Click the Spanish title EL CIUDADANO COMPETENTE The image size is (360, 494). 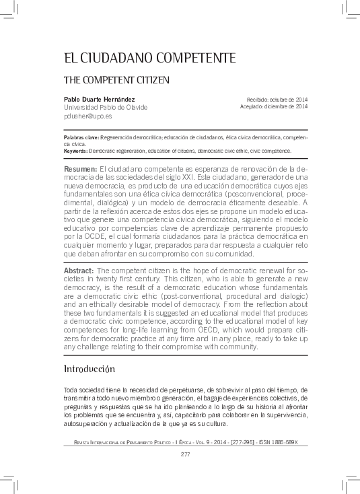[x=149, y=58]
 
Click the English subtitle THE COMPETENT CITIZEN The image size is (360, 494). [x=116, y=79]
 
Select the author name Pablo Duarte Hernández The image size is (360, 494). [x=98, y=99]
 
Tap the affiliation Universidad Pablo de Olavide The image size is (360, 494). [x=105, y=107]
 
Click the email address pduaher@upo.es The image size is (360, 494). [x=87, y=116]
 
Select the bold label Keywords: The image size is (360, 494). [x=75, y=150]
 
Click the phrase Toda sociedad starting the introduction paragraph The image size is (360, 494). [x=83, y=390]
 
